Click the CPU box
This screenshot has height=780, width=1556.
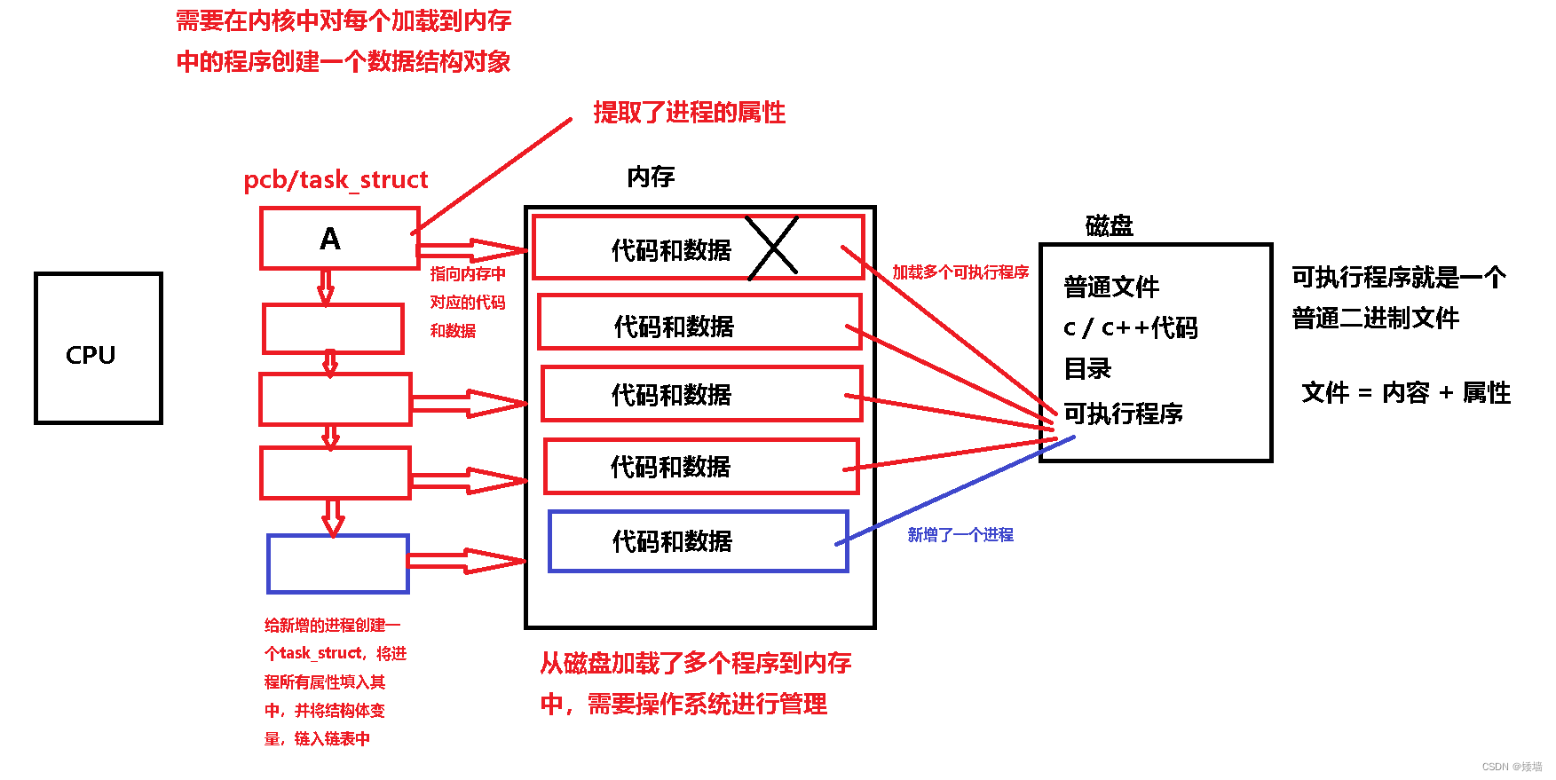(x=99, y=349)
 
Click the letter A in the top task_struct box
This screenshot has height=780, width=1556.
(x=330, y=239)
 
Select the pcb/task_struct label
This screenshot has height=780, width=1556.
(x=336, y=179)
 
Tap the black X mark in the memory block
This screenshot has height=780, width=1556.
(x=772, y=247)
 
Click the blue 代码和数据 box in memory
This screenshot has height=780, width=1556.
(x=699, y=540)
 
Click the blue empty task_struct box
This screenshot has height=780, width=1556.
(x=338, y=563)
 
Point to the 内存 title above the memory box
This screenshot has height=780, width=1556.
(x=651, y=177)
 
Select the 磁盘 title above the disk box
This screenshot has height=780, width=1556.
(x=1109, y=225)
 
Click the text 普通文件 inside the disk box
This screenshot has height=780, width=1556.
(x=1111, y=287)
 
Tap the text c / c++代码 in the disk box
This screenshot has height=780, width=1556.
(x=1130, y=327)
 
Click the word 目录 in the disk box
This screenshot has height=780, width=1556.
(x=1087, y=368)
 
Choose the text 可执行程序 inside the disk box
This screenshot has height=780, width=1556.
(x=1123, y=413)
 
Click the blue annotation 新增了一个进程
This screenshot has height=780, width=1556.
(x=960, y=534)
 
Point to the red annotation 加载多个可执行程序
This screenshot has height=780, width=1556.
(x=960, y=272)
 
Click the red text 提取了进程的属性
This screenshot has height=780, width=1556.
(x=689, y=113)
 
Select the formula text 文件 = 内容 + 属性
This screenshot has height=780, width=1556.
(x=1405, y=392)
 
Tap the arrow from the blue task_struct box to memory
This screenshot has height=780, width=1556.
(x=467, y=561)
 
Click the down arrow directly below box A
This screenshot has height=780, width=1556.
(x=326, y=287)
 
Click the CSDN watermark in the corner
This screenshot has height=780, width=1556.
(x=1512, y=767)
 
